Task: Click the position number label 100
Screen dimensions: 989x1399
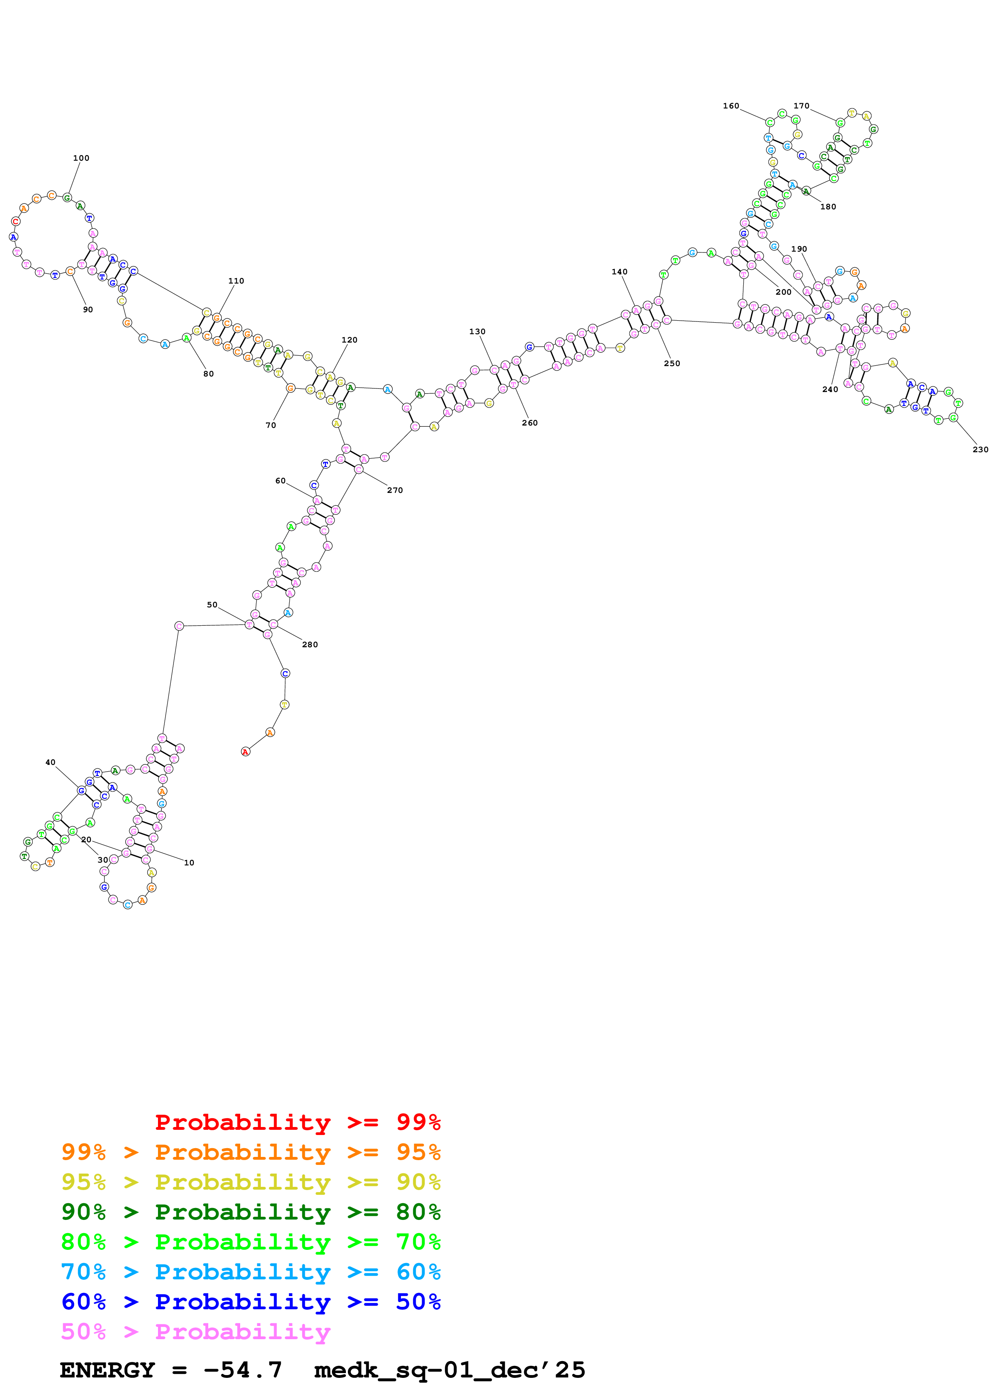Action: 81,158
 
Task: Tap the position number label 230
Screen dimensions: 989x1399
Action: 980,450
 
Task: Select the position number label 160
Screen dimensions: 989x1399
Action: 730,106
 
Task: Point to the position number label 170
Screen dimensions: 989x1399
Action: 801,106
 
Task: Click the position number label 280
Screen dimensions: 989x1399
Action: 310,644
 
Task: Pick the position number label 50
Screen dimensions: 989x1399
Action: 212,605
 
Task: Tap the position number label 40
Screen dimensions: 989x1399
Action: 51,762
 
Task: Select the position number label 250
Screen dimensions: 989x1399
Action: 671,364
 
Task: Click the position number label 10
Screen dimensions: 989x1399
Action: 189,863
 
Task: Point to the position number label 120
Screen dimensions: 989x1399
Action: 349,340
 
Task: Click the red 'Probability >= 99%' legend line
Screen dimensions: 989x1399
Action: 297,1122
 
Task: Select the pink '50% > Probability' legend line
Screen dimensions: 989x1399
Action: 195,1332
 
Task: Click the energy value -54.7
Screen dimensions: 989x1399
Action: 243,1370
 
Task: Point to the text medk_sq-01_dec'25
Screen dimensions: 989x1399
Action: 449,1370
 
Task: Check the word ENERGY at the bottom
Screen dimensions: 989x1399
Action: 107,1370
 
